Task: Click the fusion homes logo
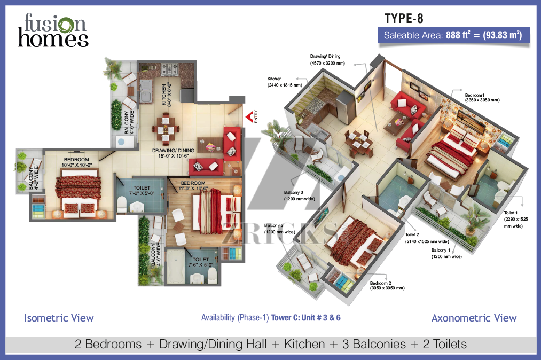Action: (x=53, y=30)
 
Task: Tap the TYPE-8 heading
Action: (x=404, y=19)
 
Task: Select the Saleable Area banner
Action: (x=454, y=35)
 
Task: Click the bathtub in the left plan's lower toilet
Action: (x=176, y=267)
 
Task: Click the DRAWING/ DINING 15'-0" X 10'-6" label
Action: (x=173, y=153)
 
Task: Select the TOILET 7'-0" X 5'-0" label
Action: (x=142, y=191)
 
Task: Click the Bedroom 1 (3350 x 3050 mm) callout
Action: (x=482, y=98)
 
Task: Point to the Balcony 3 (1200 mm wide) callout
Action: (x=299, y=195)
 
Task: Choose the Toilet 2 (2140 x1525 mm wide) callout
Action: (x=427, y=238)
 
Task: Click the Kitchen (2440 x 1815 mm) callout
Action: (x=285, y=82)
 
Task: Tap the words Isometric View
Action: (x=59, y=318)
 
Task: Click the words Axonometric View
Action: (x=474, y=318)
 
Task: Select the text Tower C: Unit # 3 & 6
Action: (x=305, y=318)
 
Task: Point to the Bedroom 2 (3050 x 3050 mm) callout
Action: (x=387, y=285)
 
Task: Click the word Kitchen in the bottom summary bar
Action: (x=304, y=344)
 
